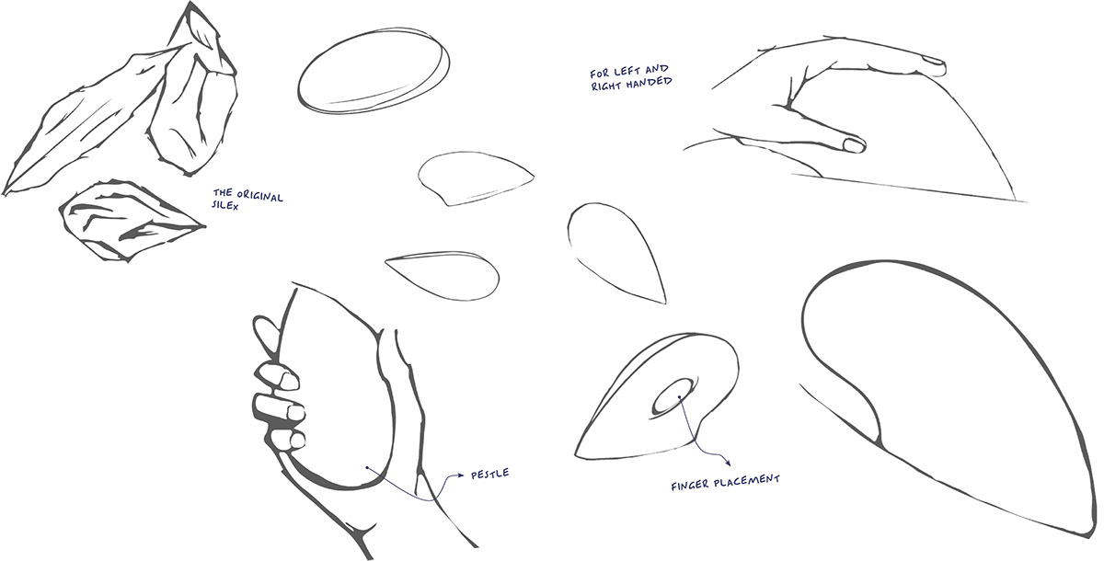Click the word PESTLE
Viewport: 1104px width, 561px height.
click(489, 475)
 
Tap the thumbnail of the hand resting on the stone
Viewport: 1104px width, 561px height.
click(854, 145)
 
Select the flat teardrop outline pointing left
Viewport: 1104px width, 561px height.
click(444, 272)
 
